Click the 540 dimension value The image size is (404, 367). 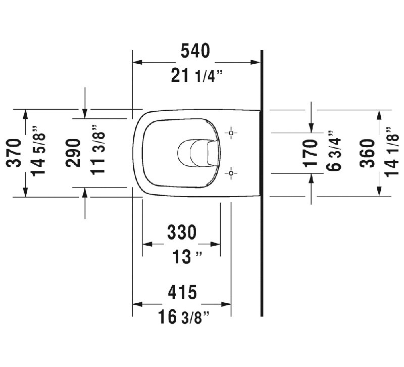point(195,51)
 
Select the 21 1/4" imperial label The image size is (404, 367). point(196,76)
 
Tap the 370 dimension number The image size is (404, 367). point(14,153)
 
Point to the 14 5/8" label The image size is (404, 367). point(38,151)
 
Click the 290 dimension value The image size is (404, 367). point(73,153)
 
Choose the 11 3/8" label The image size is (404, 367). point(98,150)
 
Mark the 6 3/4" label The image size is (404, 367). point(334,151)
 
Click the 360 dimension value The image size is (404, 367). point(367,153)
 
